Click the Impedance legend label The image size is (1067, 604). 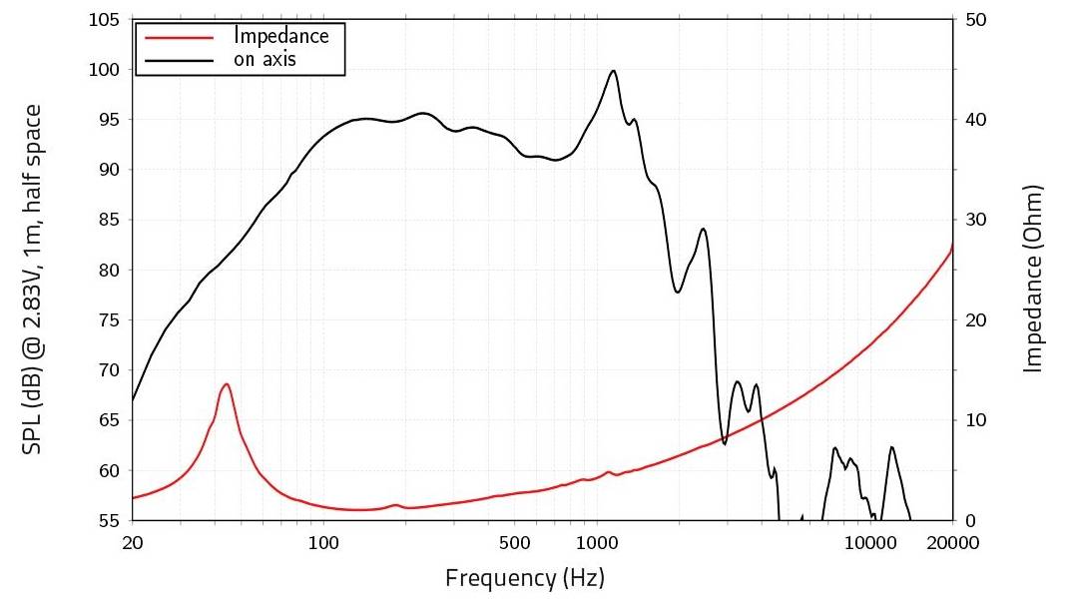tap(280, 36)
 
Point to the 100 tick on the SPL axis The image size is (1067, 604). tap(105, 70)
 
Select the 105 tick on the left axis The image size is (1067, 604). tap(105, 20)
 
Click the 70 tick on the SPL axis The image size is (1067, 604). tap(109, 370)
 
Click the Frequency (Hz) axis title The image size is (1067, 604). tap(524, 577)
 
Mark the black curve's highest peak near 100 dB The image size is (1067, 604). tap(613, 71)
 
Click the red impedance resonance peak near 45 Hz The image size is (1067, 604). tap(227, 384)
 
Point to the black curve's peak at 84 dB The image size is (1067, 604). tap(704, 229)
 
